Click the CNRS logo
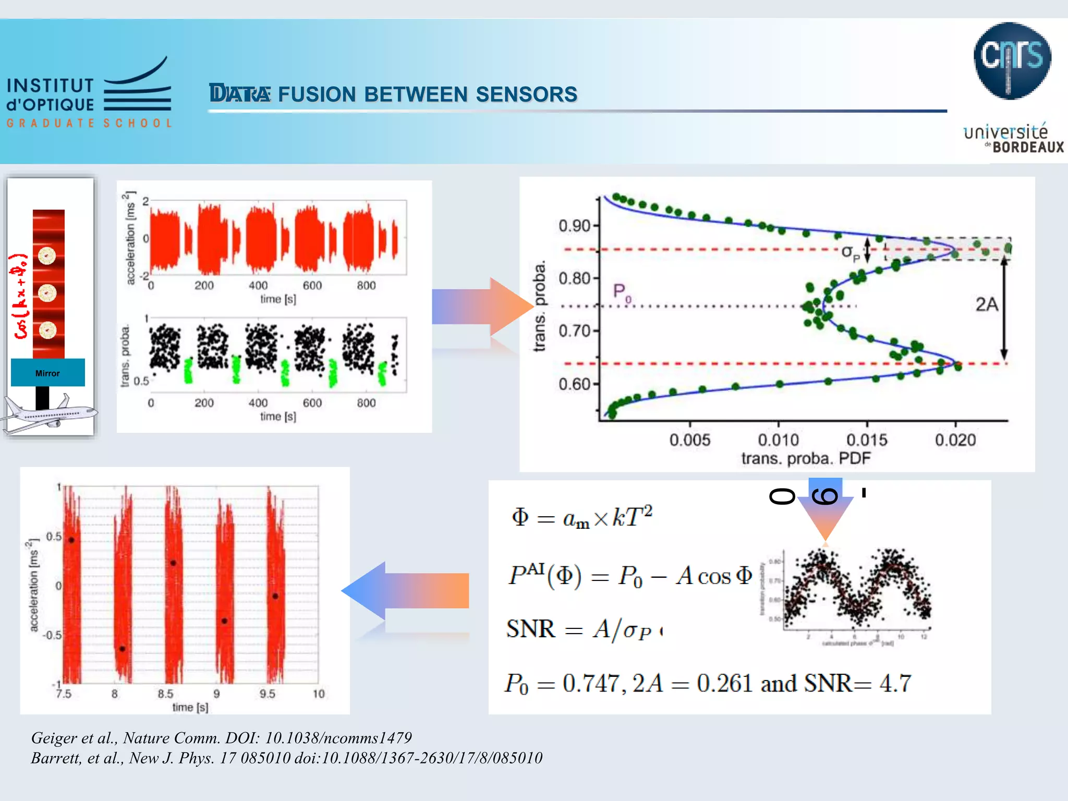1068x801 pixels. (x=1012, y=60)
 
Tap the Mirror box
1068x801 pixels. (x=47, y=373)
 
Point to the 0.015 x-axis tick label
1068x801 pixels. (x=867, y=440)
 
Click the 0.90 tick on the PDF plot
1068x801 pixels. (x=574, y=226)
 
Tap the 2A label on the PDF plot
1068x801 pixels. (x=986, y=305)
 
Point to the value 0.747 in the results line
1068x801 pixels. (x=593, y=684)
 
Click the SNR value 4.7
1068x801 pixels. (x=895, y=684)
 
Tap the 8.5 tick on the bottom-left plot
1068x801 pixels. (x=165, y=694)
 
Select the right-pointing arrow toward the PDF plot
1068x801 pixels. (x=482, y=307)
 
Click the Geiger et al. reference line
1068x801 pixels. (x=222, y=738)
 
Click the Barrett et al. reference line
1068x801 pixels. (x=286, y=758)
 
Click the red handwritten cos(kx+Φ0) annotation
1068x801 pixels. (x=21, y=296)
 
